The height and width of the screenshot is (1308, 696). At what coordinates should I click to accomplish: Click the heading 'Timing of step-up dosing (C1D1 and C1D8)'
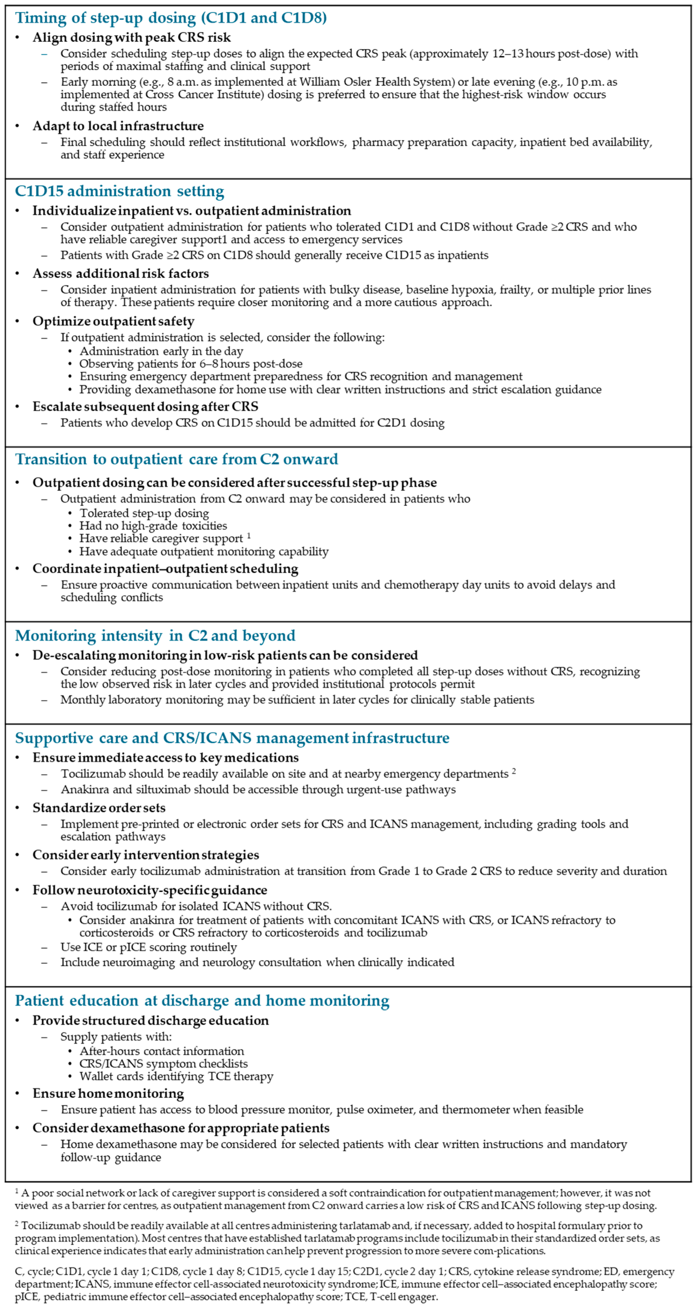(x=171, y=18)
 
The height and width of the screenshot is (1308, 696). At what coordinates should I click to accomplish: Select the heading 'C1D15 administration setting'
(x=119, y=191)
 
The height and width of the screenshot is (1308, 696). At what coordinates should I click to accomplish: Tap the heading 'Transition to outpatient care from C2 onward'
(x=176, y=460)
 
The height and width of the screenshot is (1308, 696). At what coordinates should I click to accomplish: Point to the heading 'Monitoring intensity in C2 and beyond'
(x=155, y=636)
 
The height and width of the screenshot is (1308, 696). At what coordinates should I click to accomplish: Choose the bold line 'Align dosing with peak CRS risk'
(x=131, y=38)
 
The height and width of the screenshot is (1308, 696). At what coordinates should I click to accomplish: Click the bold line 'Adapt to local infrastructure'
(x=118, y=126)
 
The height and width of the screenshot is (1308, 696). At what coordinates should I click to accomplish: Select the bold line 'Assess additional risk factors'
(x=120, y=274)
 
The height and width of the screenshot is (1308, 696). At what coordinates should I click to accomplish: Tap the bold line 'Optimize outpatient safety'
(x=113, y=321)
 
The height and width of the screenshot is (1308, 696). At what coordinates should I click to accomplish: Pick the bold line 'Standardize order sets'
(x=99, y=808)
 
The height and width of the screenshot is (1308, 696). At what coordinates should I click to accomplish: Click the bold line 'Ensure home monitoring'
(x=108, y=1093)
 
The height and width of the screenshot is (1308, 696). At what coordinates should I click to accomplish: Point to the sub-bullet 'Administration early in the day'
(x=161, y=351)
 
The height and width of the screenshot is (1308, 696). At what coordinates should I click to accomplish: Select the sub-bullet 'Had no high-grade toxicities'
(x=153, y=526)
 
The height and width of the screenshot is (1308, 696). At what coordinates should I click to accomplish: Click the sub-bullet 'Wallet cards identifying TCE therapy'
(x=176, y=1076)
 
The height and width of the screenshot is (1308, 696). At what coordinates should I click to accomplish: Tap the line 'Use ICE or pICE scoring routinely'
(x=148, y=947)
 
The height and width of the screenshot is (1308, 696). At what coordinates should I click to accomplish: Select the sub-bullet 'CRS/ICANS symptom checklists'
(x=164, y=1064)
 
